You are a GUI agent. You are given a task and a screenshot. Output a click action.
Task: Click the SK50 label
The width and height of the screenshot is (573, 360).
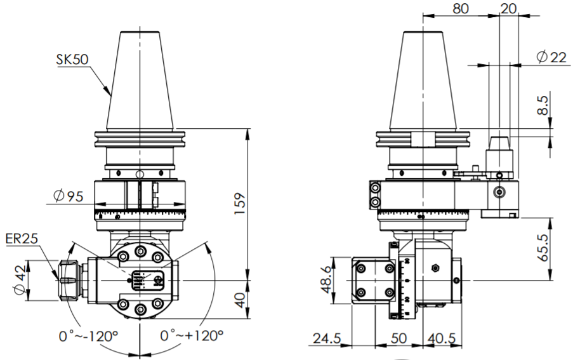tap(71, 60)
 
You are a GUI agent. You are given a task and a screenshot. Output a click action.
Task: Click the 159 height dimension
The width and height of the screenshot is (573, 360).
tap(239, 204)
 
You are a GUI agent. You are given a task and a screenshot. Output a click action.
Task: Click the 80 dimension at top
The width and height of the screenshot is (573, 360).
tap(461, 9)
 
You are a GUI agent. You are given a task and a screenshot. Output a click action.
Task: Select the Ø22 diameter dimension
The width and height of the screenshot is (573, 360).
tap(550, 57)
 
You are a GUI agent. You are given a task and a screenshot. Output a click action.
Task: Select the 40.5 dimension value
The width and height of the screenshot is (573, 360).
tap(445, 340)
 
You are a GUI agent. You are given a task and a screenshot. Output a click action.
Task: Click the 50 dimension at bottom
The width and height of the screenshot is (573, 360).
tap(398, 340)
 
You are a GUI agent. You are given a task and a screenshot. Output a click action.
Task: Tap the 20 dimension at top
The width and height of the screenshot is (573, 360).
tap(508, 9)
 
